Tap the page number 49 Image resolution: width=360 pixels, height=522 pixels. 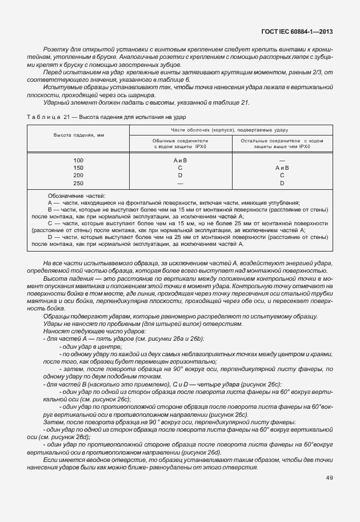point(329,478)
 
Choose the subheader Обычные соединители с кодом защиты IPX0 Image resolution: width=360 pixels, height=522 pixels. point(180,143)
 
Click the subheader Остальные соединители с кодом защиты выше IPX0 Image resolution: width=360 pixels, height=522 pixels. point(282,143)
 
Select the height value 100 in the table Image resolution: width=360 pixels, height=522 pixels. point(78,161)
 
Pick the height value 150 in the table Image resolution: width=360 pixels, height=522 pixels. point(78,168)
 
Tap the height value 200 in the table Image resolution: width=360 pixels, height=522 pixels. point(78,176)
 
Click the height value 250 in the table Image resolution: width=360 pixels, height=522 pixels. point(78,183)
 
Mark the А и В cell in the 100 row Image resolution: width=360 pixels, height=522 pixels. point(180,161)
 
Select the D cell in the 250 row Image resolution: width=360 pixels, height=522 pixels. point(282,183)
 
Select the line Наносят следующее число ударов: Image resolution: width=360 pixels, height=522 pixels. point(80,332)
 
